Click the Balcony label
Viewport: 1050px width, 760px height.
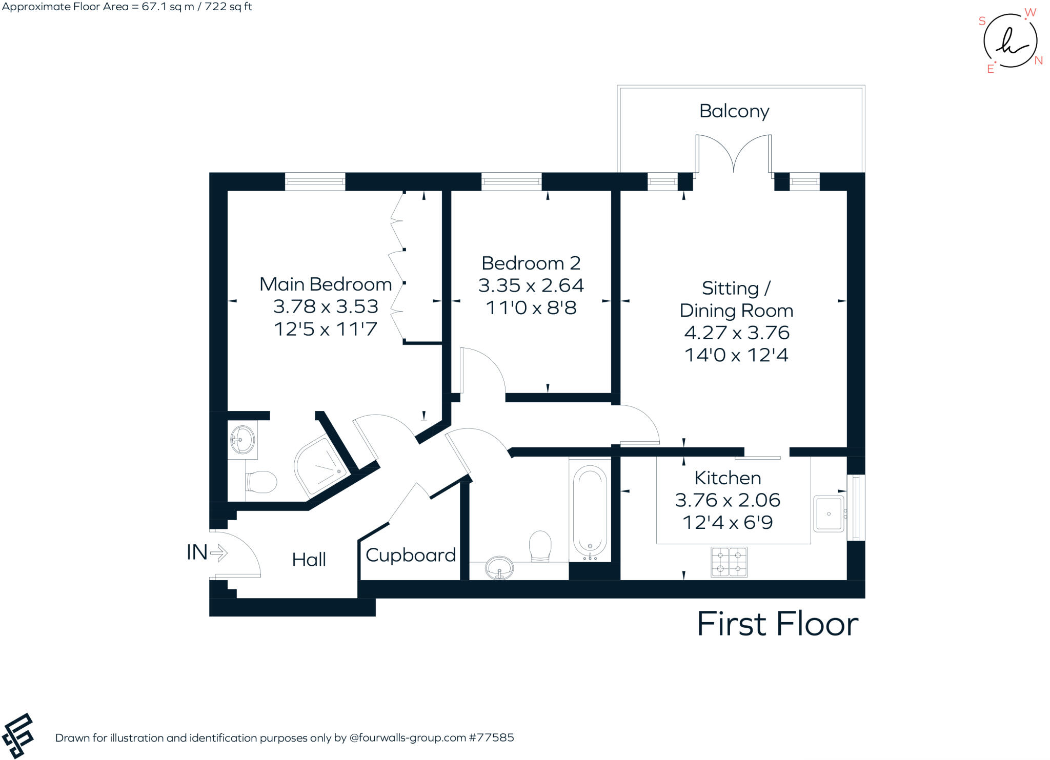[734, 111]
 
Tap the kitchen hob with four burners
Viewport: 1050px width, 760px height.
[729, 562]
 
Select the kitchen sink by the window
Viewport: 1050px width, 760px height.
[828, 513]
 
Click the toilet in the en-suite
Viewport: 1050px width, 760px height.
[262, 482]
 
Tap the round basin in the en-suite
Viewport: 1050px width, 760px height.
[242, 439]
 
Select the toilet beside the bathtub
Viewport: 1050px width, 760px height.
[540, 545]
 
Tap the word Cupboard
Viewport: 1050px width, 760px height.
[410, 555]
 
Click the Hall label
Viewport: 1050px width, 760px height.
[309, 560]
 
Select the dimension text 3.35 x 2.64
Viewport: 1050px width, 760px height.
[531, 285]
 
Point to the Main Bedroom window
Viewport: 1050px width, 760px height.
[315, 181]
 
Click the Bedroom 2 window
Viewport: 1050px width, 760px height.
[511, 181]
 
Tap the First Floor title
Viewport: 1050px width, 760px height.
[777, 624]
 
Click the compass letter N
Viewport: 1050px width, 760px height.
[1038, 60]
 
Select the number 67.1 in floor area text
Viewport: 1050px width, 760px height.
[154, 7]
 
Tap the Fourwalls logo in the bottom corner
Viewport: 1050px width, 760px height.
[17, 735]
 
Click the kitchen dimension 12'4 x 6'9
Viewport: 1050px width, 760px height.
[727, 523]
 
